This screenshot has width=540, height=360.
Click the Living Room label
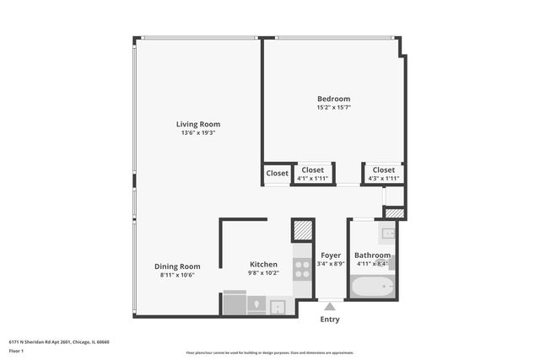pos(198,124)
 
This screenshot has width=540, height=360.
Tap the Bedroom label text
pos(333,99)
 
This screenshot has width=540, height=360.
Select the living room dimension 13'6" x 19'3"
pos(198,133)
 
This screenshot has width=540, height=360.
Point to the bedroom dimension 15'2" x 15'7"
pos(333,107)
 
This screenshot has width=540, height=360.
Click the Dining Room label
pos(177,266)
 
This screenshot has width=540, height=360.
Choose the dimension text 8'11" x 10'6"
pos(177,275)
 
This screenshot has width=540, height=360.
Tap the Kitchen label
pos(263,264)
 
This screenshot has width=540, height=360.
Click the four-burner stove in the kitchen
pos(302,270)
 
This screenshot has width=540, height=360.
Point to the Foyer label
pos(331,255)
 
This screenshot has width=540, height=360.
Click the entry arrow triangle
pos(330,305)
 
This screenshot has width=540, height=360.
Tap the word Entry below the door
pos(330,320)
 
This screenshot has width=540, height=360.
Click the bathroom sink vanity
pos(388,233)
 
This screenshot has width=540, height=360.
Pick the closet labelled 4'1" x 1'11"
pos(312,174)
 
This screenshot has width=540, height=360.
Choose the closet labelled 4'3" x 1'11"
pos(383,174)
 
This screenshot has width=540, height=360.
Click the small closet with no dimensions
pos(277,174)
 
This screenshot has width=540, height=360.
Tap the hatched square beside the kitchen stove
pos(302,231)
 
